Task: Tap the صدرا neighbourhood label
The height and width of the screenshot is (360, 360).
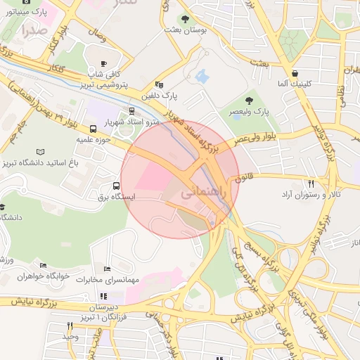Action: point(34,30)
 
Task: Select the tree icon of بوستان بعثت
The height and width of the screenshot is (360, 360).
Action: point(185,19)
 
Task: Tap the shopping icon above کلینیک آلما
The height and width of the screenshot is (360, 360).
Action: point(294,72)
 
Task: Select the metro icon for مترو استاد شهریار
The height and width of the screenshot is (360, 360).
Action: point(132,110)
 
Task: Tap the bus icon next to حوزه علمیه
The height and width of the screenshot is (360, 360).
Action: point(94,129)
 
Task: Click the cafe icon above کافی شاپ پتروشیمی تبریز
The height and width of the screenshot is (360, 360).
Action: point(104,63)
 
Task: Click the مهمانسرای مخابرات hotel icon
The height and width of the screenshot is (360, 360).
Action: point(107,269)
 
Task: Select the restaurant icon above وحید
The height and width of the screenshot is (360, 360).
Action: point(69,326)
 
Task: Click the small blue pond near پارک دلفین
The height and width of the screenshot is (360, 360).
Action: point(202,75)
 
